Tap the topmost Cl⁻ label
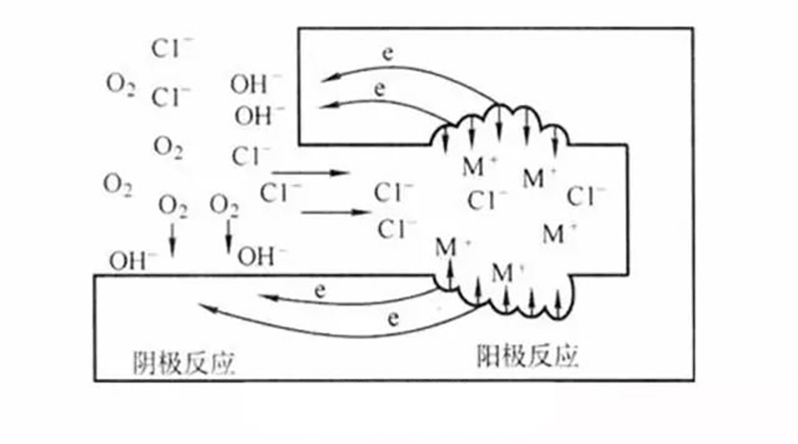pos(172,47)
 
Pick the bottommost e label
pos(391,318)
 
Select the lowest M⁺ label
pos(509,271)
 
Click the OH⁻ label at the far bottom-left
pos(134,261)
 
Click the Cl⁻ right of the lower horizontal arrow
pos(397,227)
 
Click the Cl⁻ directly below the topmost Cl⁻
pos(172,98)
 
